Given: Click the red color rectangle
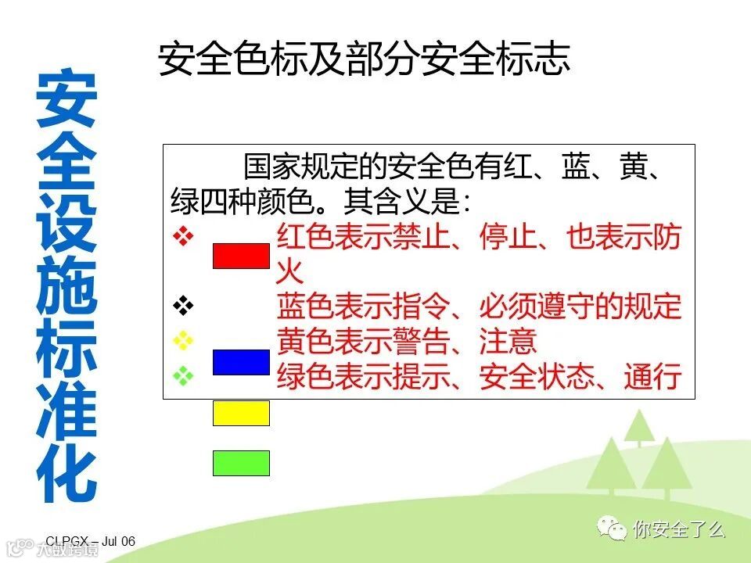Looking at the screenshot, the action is click(241, 256).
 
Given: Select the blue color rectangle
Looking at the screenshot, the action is click(241, 362).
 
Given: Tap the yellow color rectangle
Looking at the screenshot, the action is click(241, 413).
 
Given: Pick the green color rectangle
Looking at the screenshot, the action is click(241, 463).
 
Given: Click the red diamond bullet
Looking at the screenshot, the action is click(183, 236).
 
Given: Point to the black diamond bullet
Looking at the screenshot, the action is click(183, 306).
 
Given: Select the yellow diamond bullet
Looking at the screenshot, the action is click(183, 340).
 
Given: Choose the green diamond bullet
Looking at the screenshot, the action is click(183, 375).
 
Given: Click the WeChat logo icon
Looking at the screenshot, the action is click(612, 528).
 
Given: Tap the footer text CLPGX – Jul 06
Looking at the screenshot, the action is click(91, 541).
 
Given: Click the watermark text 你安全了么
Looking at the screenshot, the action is click(679, 529).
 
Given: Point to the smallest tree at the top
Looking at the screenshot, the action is click(639, 427).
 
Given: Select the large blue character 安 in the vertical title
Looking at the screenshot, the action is click(67, 99).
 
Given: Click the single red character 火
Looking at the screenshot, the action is click(289, 271).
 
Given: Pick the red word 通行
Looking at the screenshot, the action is click(652, 376).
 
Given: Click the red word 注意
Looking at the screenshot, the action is click(508, 341).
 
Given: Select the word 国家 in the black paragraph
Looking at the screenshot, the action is click(272, 167).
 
